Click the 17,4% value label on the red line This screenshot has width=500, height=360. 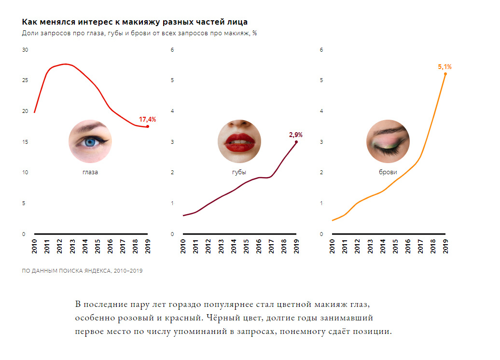point(148,119)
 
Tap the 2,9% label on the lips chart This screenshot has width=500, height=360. point(295,135)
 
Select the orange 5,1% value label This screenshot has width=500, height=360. point(444,67)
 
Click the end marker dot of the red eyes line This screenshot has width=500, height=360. point(147,126)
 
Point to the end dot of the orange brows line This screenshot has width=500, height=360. point(445,74)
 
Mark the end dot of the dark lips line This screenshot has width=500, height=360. point(296,142)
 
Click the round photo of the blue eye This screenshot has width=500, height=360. point(90,141)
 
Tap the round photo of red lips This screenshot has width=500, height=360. point(239,141)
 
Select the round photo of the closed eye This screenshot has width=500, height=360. point(388,141)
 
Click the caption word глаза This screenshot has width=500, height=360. point(90,172)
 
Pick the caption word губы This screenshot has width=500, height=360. point(239,172)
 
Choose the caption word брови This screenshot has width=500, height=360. point(388,172)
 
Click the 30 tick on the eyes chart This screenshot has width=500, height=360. point(25,50)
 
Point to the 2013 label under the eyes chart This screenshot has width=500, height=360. point(72,246)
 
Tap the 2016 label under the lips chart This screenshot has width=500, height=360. point(259,246)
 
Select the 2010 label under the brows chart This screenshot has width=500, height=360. point(333,246)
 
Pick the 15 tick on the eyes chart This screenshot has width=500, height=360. point(25,142)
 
